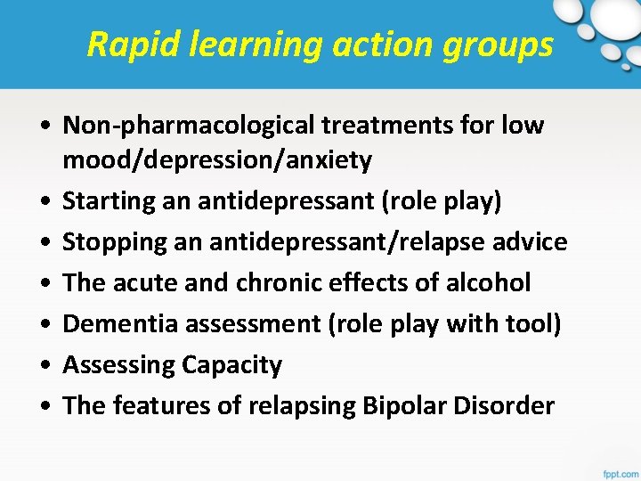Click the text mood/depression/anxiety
[217, 160]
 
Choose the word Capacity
[231, 365]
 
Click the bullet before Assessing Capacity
[44, 365]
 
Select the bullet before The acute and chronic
[44, 283]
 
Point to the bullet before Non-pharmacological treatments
[44, 126]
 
